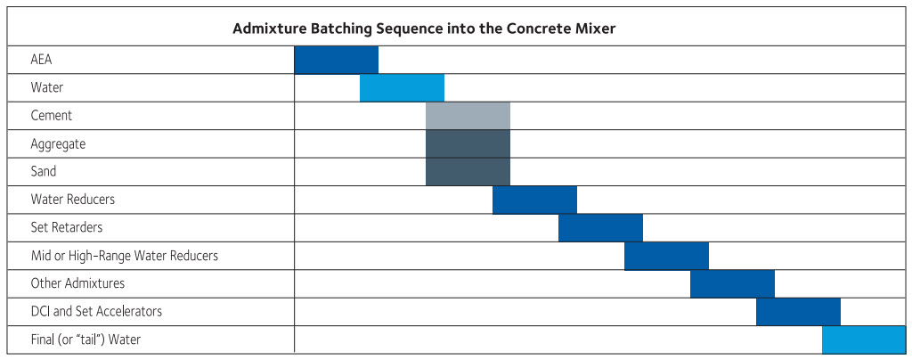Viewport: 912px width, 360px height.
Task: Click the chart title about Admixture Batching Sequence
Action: (424, 29)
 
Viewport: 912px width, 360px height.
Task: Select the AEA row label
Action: (41, 60)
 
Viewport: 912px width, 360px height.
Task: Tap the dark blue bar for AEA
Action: (336, 60)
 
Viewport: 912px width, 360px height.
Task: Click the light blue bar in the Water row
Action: (402, 88)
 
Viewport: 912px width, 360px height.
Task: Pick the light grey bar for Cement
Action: (468, 116)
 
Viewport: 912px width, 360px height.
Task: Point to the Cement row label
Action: (52, 115)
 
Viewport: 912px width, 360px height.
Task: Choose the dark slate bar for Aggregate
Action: (468, 143)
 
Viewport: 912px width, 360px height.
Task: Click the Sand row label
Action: (44, 172)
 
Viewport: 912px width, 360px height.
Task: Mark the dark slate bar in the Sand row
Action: (468, 172)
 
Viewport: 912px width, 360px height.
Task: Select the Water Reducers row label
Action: (73, 200)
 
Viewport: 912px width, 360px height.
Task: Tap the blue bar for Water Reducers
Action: (534, 200)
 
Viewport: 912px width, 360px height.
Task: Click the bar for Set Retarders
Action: (601, 228)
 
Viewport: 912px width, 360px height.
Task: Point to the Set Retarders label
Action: (67, 227)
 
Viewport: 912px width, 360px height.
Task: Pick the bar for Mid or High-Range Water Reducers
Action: (666, 256)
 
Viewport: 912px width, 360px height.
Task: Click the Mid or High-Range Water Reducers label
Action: (125, 256)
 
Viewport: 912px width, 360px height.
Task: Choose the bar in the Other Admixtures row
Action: (732, 284)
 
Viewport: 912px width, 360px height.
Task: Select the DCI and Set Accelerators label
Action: (96, 311)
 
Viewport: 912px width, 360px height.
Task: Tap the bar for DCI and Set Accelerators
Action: (799, 312)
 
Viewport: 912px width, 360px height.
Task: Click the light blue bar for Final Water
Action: (864, 340)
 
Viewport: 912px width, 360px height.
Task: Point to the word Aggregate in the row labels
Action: (58, 143)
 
